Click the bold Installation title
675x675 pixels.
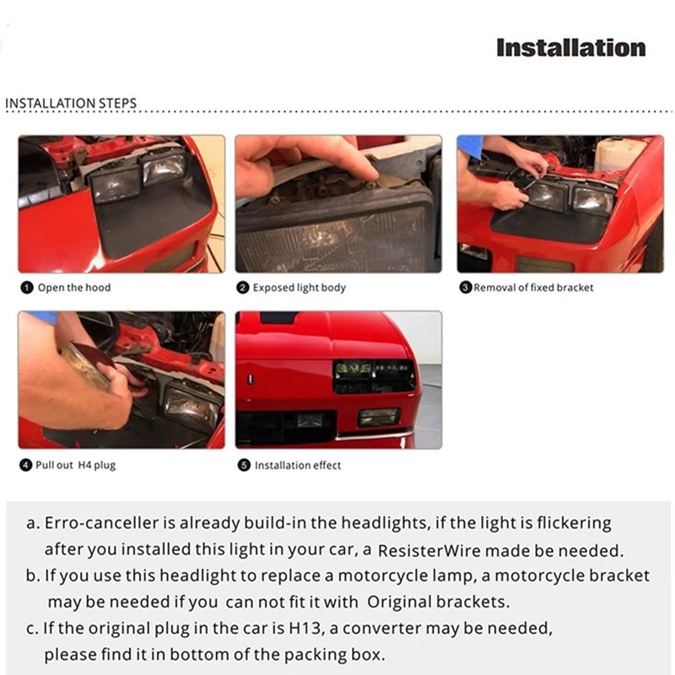coord(571,48)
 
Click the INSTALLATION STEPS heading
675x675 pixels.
coord(71,103)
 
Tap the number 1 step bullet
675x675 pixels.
coord(27,288)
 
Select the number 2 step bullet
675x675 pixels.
coord(243,288)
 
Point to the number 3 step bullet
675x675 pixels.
coord(466,288)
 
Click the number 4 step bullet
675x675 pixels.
coord(26,465)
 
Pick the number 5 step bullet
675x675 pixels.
coord(244,466)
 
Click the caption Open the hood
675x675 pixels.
coord(74,288)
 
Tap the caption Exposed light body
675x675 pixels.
coord(300,288)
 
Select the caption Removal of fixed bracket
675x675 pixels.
coord(533,288)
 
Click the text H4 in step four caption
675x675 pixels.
coord(84,465)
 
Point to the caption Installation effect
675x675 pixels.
coord(298,466)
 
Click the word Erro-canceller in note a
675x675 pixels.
coord(101,522)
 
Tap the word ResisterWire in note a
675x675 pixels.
coord(429,551)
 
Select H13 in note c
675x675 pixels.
coord(305,628)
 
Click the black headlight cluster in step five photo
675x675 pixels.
coord(374,375)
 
